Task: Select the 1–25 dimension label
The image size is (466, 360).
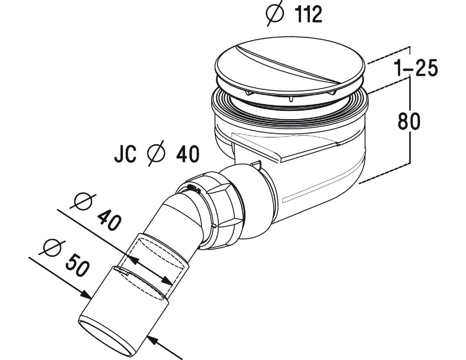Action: [x=415, y=68]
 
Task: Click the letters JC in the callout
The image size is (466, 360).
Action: [x=125, y=154]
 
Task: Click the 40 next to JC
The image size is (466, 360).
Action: [x=188, y=154]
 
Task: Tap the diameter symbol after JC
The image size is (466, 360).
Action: [x=157, y=154]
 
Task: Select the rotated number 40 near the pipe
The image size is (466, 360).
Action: [x=109, y=220]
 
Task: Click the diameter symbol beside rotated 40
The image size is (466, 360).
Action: [x=85, y=202]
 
